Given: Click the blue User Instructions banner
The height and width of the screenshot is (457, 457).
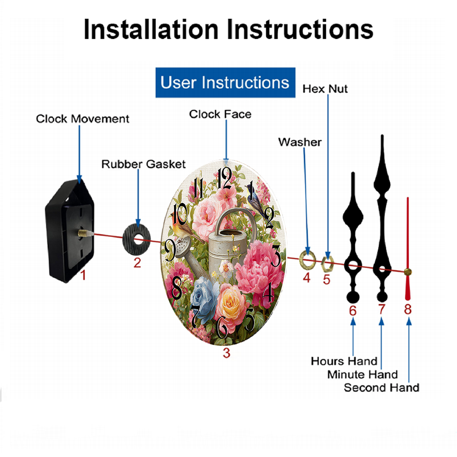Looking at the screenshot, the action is point(225,82).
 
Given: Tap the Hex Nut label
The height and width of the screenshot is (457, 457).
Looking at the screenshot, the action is point(325,89).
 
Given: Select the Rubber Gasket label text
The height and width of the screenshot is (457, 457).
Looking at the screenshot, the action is point(143,164).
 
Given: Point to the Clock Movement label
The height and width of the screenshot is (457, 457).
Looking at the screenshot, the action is point(82,119).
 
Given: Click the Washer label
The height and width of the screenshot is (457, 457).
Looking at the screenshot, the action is point(300,142).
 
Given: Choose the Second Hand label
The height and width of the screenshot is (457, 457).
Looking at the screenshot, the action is point(382,388).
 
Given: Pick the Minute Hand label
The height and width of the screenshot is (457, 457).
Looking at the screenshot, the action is point(362,375).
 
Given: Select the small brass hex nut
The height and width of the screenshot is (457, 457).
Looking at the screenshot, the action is point(327,264).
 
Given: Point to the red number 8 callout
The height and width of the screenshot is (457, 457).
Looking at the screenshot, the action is point(408,309).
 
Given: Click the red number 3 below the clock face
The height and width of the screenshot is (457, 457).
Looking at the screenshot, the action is point(227,353).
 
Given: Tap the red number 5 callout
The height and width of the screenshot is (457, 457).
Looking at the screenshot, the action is point(326,280).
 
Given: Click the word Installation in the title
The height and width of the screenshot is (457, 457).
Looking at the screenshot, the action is point(151,29).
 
